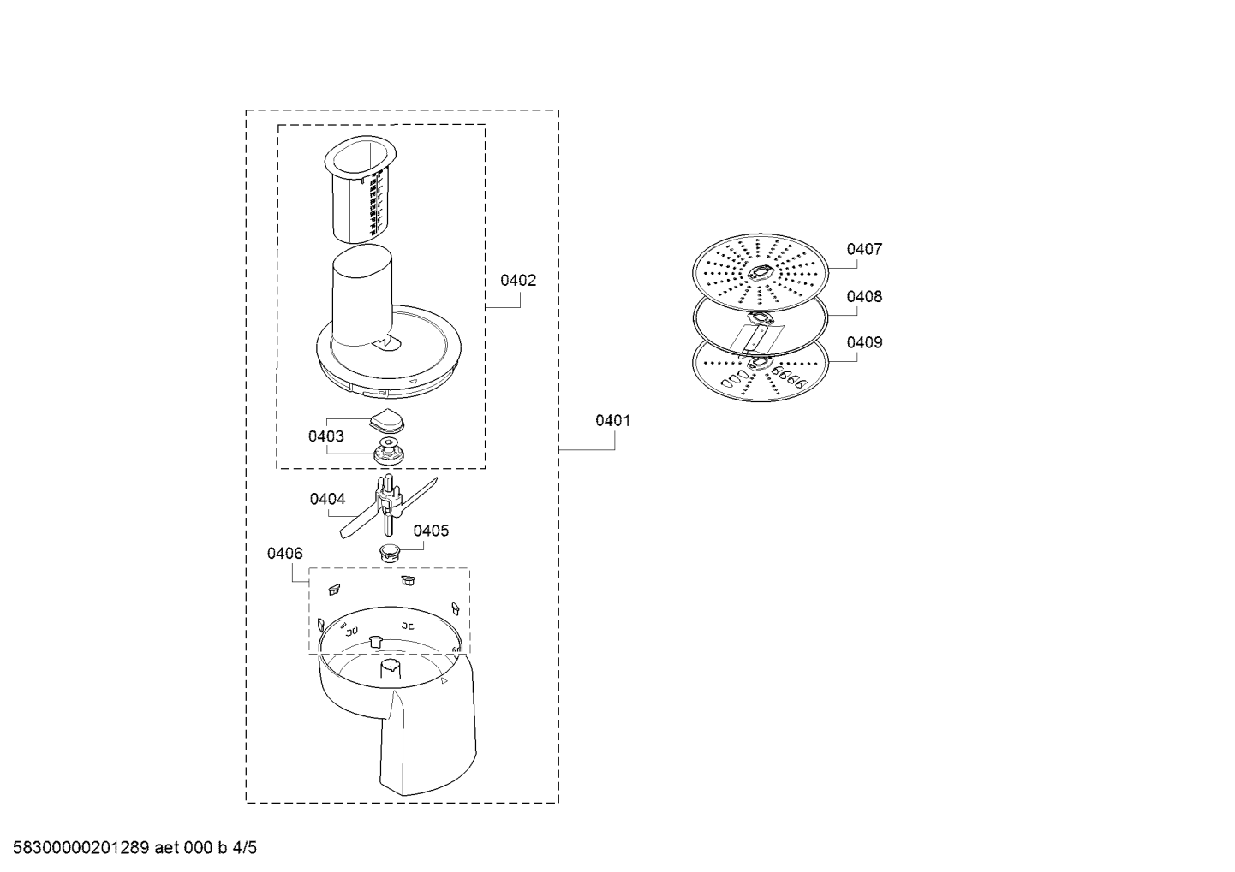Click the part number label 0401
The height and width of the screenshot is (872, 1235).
(x=612, y=421)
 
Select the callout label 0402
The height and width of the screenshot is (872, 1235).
(x=517, y=281)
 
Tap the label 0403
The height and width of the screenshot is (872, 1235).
(x=325, y=436)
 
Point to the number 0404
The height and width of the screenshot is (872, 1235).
(x=327, y=499)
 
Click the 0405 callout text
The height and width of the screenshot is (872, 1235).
(x=431, y=531)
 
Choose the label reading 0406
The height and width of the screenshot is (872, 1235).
(x=285, y=553)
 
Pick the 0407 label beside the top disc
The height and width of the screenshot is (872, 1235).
(x=864, y=249)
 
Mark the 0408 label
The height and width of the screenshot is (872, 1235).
(x=864, y=296)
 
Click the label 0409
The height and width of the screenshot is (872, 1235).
(x=864, y=342)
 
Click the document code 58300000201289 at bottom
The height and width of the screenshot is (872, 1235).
(x=81, y=848)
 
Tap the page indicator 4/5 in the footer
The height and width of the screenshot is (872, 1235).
(x=245, y=848)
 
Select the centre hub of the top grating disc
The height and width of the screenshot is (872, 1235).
(x=761, y=272)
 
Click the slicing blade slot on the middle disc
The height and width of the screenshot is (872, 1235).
(x=755, y=340)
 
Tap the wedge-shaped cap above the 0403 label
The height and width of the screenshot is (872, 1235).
(x=386, y=421)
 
